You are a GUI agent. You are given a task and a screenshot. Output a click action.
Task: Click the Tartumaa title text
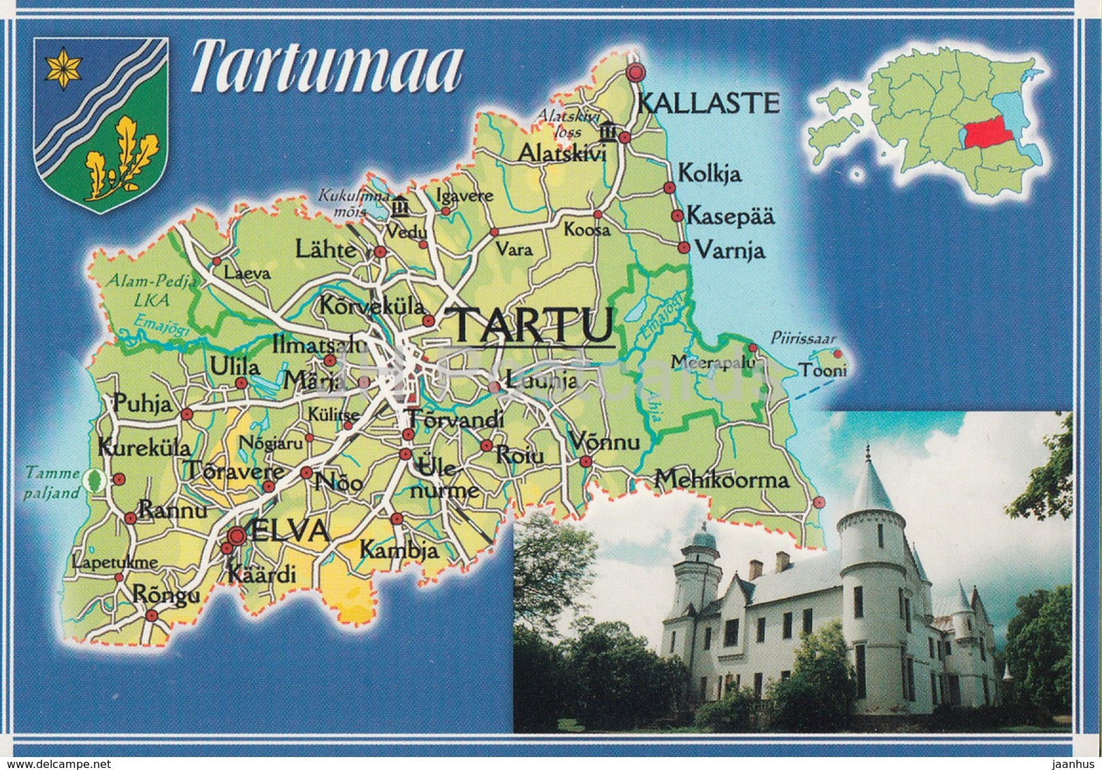tap(327, 68)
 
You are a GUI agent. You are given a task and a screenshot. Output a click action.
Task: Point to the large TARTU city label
tap(533, 325)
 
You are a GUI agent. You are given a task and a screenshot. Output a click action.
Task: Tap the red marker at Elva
tap(236, 536)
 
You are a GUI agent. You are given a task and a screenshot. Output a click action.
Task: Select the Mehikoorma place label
tap(722, 480)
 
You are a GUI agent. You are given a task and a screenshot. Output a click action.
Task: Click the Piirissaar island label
tap(803, 338)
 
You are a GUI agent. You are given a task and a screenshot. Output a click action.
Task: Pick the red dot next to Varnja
tap(684, 248)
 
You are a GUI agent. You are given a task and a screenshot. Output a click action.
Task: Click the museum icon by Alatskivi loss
tap(607, 131)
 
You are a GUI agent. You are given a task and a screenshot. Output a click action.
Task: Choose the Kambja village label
tap(399, 550)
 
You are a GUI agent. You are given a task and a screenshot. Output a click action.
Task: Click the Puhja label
tap(143, 404)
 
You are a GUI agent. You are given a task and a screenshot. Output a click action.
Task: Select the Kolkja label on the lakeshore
tap(709, 173)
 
